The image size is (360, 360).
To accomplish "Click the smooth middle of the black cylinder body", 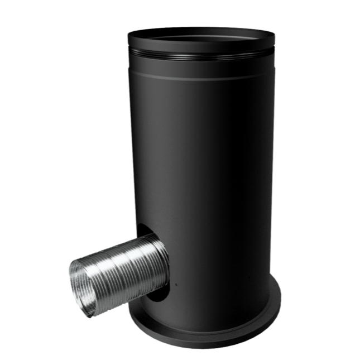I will [207, 167].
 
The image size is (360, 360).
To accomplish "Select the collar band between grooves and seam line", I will [201, 66].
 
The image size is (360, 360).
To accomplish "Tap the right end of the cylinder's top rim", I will [274, 38].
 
